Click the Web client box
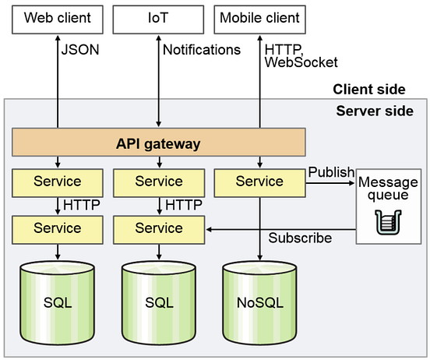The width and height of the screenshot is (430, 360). pyautogui.click(x=58, y=18)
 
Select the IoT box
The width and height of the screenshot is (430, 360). pyautogui.click(x=158, y=18)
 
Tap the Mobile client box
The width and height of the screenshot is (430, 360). pyautogui.click(x=259, y=18)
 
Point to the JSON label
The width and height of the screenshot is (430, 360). pyautogui.click(x=79, y=50)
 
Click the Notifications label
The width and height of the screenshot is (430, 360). pyautogui.click(x=202, y=50)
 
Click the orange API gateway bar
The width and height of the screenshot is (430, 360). pyautogui.click(x=158, y=143)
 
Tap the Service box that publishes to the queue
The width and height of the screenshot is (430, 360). pyautogui.click(x=259, y=182)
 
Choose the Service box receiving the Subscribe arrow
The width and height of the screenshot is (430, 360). pyautogui.click(x=158, y=228)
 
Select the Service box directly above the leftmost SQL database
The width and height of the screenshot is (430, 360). pyautogui.click(x=58, y=228)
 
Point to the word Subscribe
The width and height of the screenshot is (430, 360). pyautogui.click(x=300, y=238)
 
